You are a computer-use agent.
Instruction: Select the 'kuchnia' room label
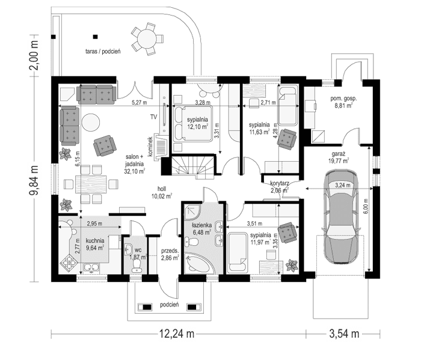point(85,240)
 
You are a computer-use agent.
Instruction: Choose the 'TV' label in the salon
point(153,116)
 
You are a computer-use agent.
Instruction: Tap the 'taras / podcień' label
point(103,52)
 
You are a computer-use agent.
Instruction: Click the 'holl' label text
point(161,186)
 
